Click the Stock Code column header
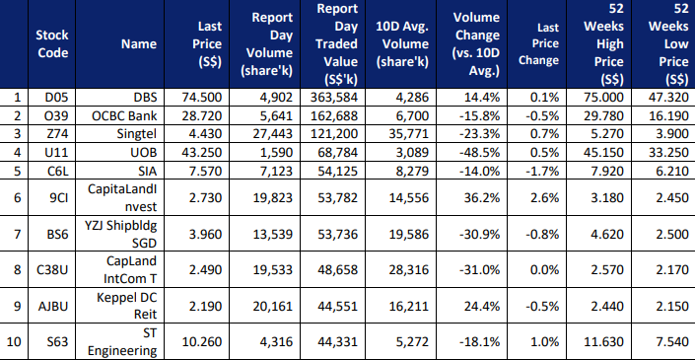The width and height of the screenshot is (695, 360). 52,44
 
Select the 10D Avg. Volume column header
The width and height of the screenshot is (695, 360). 402,44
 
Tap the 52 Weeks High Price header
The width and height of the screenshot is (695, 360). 603,44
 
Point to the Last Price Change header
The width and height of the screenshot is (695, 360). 538,44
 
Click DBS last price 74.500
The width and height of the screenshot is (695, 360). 202,97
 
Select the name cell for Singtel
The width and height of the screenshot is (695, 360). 137,134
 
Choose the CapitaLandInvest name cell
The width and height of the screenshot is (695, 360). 123,197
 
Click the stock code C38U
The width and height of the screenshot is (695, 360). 52,269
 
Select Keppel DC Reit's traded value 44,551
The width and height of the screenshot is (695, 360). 337,306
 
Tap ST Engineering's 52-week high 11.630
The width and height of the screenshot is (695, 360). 603,342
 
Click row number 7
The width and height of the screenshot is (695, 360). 17,234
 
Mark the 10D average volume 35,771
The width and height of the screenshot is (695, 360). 408,134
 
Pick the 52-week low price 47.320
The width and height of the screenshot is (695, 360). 668,97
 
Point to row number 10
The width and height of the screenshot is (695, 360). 14,342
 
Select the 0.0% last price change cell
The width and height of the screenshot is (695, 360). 545,269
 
